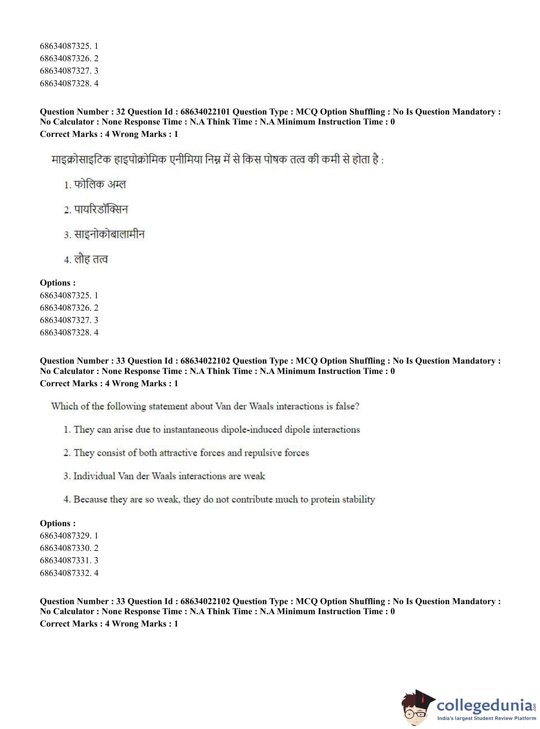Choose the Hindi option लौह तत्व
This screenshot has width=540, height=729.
pyautogui.click(x=91, y=259)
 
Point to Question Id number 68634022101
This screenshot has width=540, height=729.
pyautogui.click(x=205, y=112)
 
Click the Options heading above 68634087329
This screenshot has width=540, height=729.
pyautogui.click(x=58, y=523)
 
